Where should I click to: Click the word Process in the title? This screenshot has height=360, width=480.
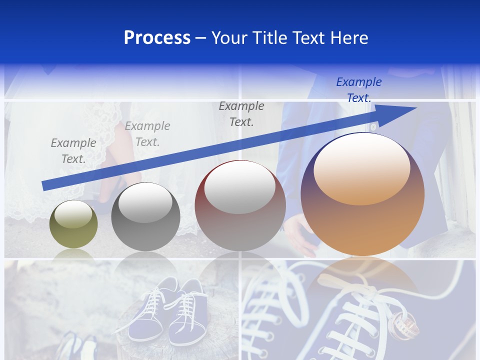pyautogui.click(x=157, y=38)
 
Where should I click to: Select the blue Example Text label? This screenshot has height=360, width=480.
pyautogui.click(x=359, y=90)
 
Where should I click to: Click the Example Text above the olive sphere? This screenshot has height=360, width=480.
pyautogui.click(x=73, y=151)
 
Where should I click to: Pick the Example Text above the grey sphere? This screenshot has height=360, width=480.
pyautogui.click(x=147, y=134)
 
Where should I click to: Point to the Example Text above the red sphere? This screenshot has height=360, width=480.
pyautogui.click(x=241, y=114)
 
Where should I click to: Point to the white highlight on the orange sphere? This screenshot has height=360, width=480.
pyautogui.click(x=361, y=169)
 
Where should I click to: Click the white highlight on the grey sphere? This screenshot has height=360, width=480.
pyautogui.click(x=145, y=202)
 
